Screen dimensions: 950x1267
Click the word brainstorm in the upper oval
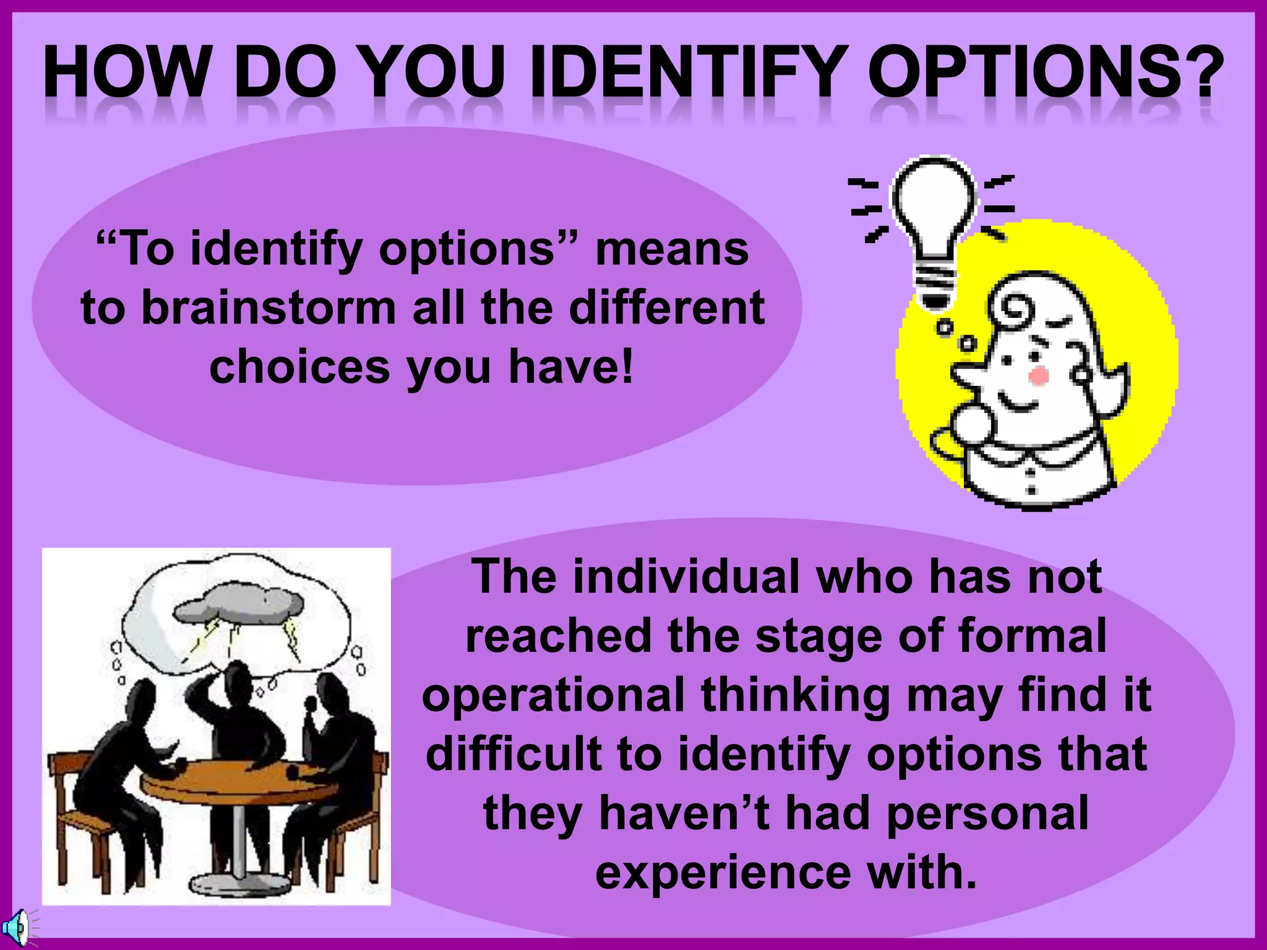coord(268,307)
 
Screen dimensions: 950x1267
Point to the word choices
coord(299,366)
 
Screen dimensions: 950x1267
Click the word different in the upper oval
coord(667,307)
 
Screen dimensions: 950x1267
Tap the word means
coord(672,249)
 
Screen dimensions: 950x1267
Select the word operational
coord(553,695)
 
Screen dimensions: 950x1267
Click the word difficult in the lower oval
coord(512,753)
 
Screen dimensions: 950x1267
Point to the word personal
coord(987,813)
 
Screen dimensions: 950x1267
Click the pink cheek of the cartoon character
coord(1038,375)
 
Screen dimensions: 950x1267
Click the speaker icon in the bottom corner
coord(15,928)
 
